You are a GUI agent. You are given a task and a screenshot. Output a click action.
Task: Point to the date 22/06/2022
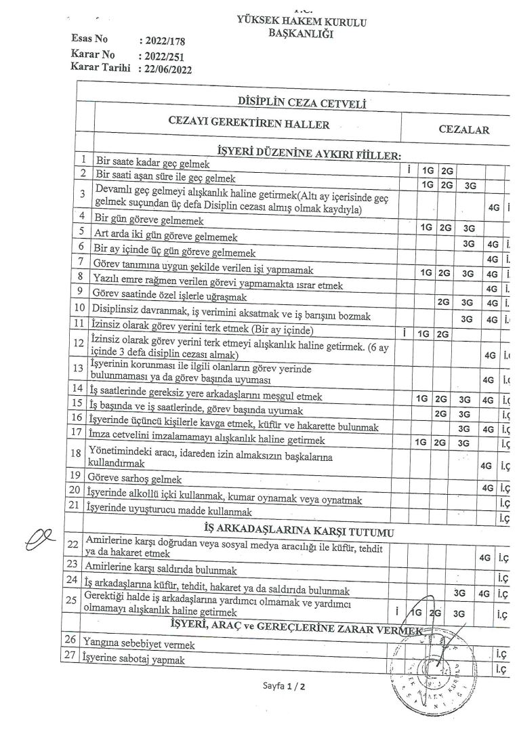tap(164, 68)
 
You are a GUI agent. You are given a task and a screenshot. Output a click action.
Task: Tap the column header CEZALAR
tap(463, 129)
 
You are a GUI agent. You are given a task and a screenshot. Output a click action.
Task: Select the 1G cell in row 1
tap(428, 170)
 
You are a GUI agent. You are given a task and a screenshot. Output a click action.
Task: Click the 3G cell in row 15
tap(464, 413)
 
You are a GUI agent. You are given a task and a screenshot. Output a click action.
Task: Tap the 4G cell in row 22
tap(484, 557)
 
